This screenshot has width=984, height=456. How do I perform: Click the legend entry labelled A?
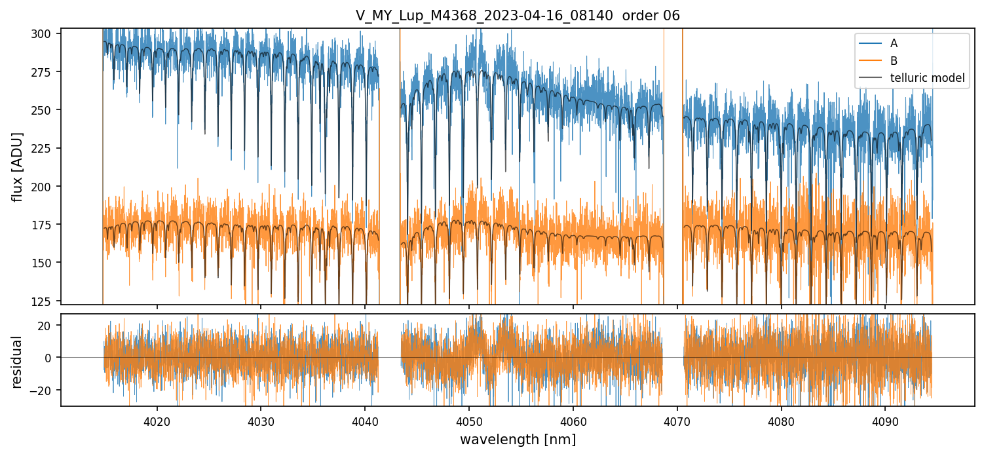pos(894,43)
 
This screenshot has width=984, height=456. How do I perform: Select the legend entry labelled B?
pos(894,61)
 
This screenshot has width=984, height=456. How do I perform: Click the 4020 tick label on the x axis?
pos(157,419)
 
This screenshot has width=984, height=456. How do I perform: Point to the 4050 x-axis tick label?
pos(469,419)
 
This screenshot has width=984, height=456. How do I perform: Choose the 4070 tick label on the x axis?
pos(677,419)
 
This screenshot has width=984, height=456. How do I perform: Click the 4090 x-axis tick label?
pos(886,419)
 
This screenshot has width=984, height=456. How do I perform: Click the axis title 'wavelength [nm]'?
pos(518,439)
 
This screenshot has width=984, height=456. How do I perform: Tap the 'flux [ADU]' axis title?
pos(18,166)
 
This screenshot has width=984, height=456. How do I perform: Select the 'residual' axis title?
pos(18,362)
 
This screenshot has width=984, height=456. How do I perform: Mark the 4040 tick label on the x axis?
pos(365,419)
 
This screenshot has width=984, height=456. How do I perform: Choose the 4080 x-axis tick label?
pos(782,419)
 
